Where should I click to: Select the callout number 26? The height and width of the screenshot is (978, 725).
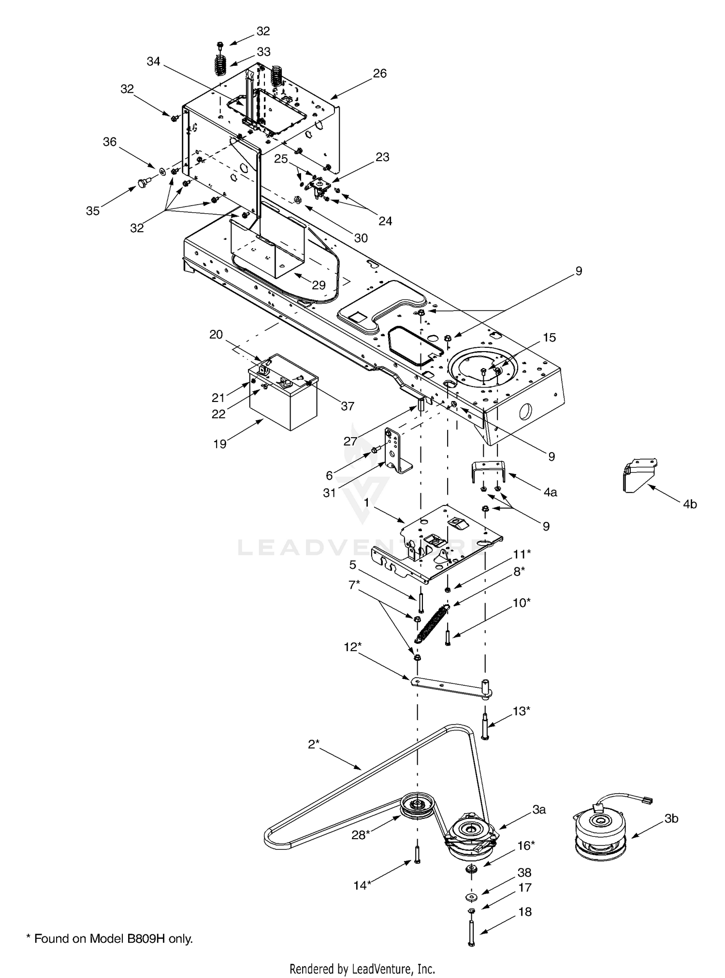[380, 73]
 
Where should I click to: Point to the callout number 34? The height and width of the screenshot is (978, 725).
[153, 61]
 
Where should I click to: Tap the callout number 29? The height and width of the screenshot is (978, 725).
[319, 285]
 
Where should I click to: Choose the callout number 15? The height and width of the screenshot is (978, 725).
[550, 337]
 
